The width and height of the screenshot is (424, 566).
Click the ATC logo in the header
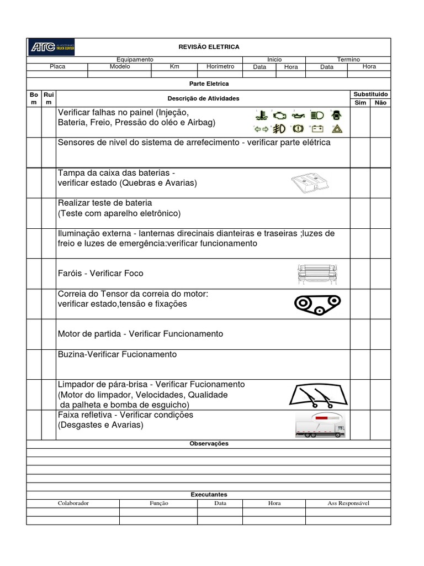pyautogui.click(x=51, y=48)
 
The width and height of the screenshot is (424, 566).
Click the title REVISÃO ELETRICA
pyautogui.click(x=209, y=48)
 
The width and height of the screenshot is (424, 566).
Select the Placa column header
pyautogui.click(x=57, y=66)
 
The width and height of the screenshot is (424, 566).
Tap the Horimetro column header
pyautogui.click(x=220, y=66)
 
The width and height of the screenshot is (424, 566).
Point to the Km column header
pyautogui.click(x=174, y=66)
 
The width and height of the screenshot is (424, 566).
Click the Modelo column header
pyautogui.click(x=120, y=66)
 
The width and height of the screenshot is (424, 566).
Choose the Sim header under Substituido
pyautogui.click(x=360, y=103)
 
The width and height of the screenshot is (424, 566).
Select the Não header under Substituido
pyautogui.click(x=380, y=103)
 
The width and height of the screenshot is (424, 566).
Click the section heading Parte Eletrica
pyautogui.click(x=209, y=83)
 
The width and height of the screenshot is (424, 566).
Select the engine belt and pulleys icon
pyautogui.click(x=317, y=303)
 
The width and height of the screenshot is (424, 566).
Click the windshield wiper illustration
pyautogui.click(x=317, y=395)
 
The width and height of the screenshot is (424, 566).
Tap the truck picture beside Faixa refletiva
pyautogui.click(x=320, y=426)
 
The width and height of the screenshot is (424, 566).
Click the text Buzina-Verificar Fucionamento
pyautogui.click(x=118, y=354)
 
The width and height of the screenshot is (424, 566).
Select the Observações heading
pyautogui.click(x=209, y=443)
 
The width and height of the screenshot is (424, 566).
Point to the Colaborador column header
pyautogui.click(x=73, y=503)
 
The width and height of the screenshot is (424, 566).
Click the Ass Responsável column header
pyautogui.click(x=348, y=503)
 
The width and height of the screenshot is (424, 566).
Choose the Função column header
pyautogui.click(x=158, y=503)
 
